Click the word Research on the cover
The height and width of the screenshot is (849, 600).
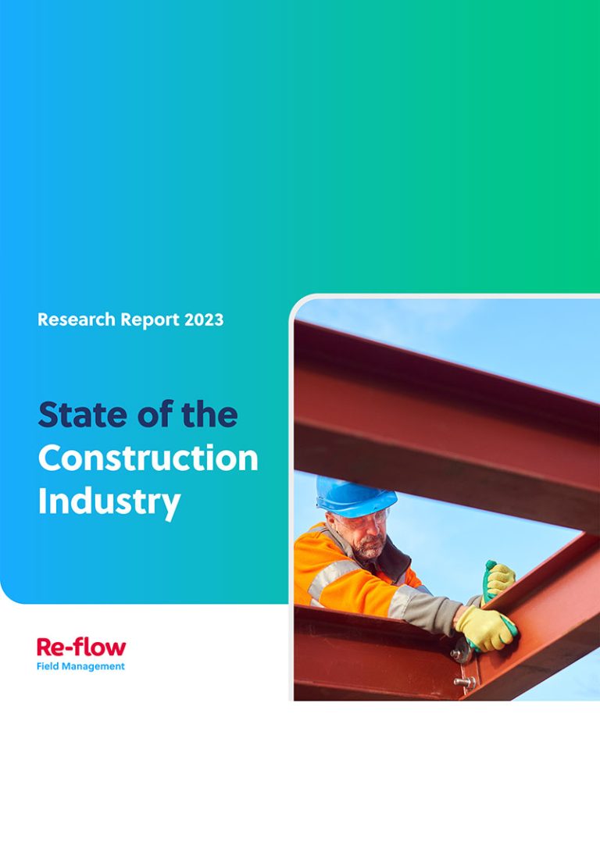[71, 319]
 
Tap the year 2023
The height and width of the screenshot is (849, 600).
[205, 319]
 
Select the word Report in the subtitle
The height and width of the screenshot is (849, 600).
[146, 319]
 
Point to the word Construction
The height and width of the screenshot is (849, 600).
[148, 458]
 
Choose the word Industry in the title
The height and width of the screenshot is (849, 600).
[109, 501]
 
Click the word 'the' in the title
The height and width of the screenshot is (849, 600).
[210, 414]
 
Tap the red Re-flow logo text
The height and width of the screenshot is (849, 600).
[80, 647]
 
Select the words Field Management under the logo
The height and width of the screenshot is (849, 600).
[80, 666]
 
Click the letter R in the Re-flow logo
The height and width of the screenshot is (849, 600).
[45, 647]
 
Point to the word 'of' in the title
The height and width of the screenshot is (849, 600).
[155, 414]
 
